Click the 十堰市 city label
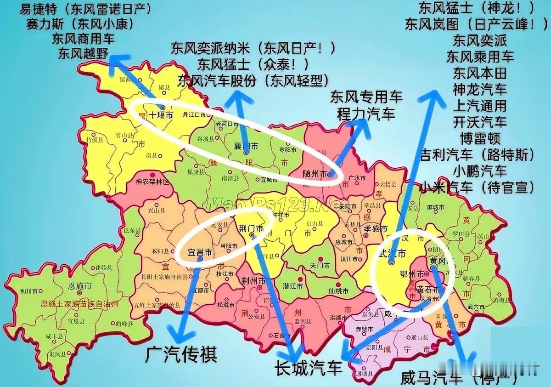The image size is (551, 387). click(x=160, y=116)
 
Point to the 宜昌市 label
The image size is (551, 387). click(x=200, y=252)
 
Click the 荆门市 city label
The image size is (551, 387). click(x=251, y=228)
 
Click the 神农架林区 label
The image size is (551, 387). click(x=152, y=182)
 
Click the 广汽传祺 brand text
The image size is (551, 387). click(x=181, y=354)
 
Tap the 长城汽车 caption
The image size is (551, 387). click(x=308, y=368)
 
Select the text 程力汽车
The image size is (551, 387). click(x=366, y=114)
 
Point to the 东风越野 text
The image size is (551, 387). click(x=83, y=53)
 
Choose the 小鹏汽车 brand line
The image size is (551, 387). click(x=480, y=171)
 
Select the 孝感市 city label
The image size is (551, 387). click(x=376, y=228)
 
